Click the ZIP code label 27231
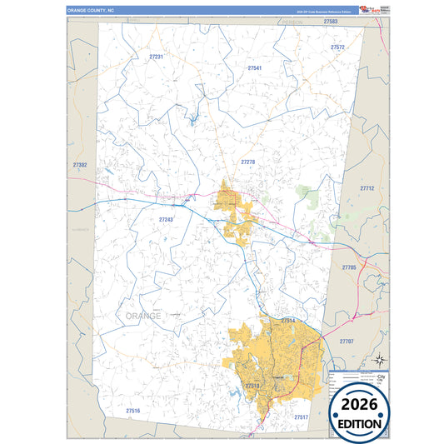pyautogui.click(x=156, y=57)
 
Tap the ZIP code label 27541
pyautogui.click(x=255, y=67)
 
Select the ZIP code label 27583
pyautogui.click(x=331, y=21)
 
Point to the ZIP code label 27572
pyautogui.click(x=337, y=47)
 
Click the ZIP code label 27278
pyautogui.click(x=248, y=161)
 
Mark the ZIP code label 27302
pyautogui.click(x=80, y=165)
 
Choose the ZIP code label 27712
pyautogui.click(x=367, y=188)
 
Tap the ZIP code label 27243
pyautogui.click(x=166, y=219)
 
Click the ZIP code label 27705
pyautogui.click(x=349, y=267)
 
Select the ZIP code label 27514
pyautogui.click(x=288, y=320)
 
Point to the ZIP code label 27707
pyautogui.click(x=347, y=342)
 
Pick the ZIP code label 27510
pyautogui.click(x=253, y=387)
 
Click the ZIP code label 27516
pyautogui.click(x=133, y=412)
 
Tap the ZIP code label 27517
pyautogui.click(x=301, y=417)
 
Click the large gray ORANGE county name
pyautogui.click(x=143, y=316)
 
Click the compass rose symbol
pyautogui.click(x=379, y=360)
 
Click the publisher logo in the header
pyautogui.click(x=373, y=9)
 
